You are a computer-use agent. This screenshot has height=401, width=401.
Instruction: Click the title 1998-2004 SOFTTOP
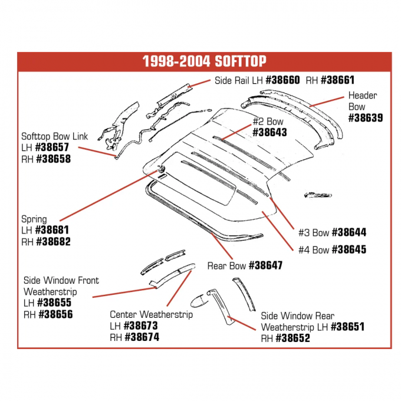(x=205, y=61)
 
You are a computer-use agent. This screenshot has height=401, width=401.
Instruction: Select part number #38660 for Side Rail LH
(x=282, y=80)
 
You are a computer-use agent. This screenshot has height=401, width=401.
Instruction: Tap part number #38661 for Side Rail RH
(x=337, y=80)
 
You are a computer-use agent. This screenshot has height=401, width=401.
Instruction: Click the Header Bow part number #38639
(x=366, y=117)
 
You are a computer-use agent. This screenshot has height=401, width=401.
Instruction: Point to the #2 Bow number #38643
(x=269, y=132)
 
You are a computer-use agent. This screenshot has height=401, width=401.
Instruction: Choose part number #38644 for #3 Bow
(x=349, y=232)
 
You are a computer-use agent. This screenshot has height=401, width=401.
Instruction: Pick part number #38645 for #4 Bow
(x=349, y=249)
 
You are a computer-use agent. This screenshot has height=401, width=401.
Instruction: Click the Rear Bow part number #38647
(x=266, y=265)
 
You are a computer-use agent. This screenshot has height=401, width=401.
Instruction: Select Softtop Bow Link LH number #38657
(x=52, y=147)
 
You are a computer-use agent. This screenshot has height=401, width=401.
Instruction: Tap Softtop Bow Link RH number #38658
(x=54, y=159)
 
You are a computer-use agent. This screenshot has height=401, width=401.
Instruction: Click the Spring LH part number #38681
(x=52, y=230)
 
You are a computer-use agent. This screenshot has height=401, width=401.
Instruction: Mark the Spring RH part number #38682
(x=54, y=241)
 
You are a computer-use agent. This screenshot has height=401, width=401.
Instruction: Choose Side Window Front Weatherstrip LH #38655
(x=54, y=303)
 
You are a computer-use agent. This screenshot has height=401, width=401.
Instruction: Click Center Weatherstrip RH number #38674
(x=142, y=337)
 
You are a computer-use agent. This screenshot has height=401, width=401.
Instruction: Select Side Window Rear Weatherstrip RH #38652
(x=293, y=338)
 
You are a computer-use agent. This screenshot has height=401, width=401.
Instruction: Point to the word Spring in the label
(x=34, y=219)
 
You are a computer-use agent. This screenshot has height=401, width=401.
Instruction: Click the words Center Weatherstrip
(x=151, y=314)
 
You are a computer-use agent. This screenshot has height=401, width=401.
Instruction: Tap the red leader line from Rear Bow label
(x=222, y=246)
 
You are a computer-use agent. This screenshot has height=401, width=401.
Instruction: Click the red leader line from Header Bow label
(x=327, y=101)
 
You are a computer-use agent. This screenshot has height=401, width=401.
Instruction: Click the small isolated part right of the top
(x=318, y=195)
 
